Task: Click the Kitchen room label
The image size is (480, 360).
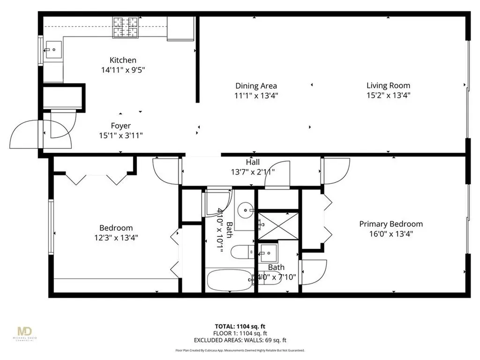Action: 123,60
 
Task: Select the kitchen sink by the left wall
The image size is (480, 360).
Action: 53,49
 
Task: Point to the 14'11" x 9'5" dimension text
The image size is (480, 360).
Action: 123,70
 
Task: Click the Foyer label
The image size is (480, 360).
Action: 120,126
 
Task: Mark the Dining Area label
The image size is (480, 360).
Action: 256,86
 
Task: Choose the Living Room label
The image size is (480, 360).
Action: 388,85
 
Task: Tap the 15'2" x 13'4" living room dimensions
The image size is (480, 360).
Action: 388,95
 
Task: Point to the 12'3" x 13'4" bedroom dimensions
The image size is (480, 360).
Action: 116,238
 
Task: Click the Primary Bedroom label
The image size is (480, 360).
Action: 391,224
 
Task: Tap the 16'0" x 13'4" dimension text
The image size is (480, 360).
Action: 391,234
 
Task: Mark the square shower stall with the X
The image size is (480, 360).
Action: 278,225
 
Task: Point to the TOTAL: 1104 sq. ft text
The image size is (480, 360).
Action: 240,327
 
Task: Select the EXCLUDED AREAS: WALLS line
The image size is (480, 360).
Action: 240,340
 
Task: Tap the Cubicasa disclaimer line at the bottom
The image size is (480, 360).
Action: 240,350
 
